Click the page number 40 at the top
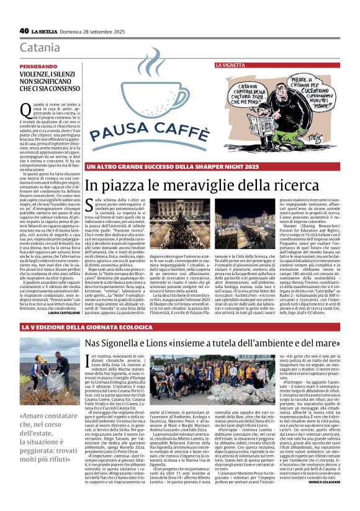pyautogui.click(x=24, y=30)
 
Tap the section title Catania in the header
pyautogui.click(x=40, y=48)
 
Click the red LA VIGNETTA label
pyautogui.click(x=230, y=65)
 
